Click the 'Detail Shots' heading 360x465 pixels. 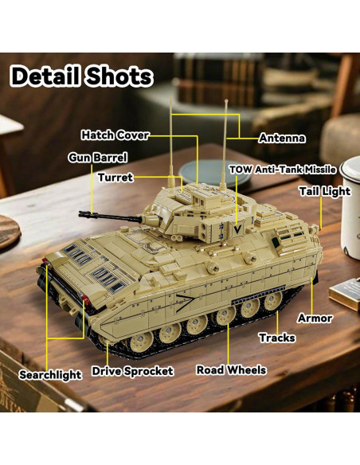point(81,76)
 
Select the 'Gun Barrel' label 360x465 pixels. point(97,158)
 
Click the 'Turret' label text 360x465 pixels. point(115,177)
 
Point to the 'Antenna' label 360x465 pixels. point(282,138)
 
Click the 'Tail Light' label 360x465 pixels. point(324,191)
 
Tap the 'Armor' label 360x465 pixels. point(315,318)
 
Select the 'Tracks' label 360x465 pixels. point(276,338)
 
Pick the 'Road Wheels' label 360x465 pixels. point(231,370)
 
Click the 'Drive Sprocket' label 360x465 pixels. point(132,371)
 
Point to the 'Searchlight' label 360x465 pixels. point(50,374)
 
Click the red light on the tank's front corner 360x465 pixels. point(83,300)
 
